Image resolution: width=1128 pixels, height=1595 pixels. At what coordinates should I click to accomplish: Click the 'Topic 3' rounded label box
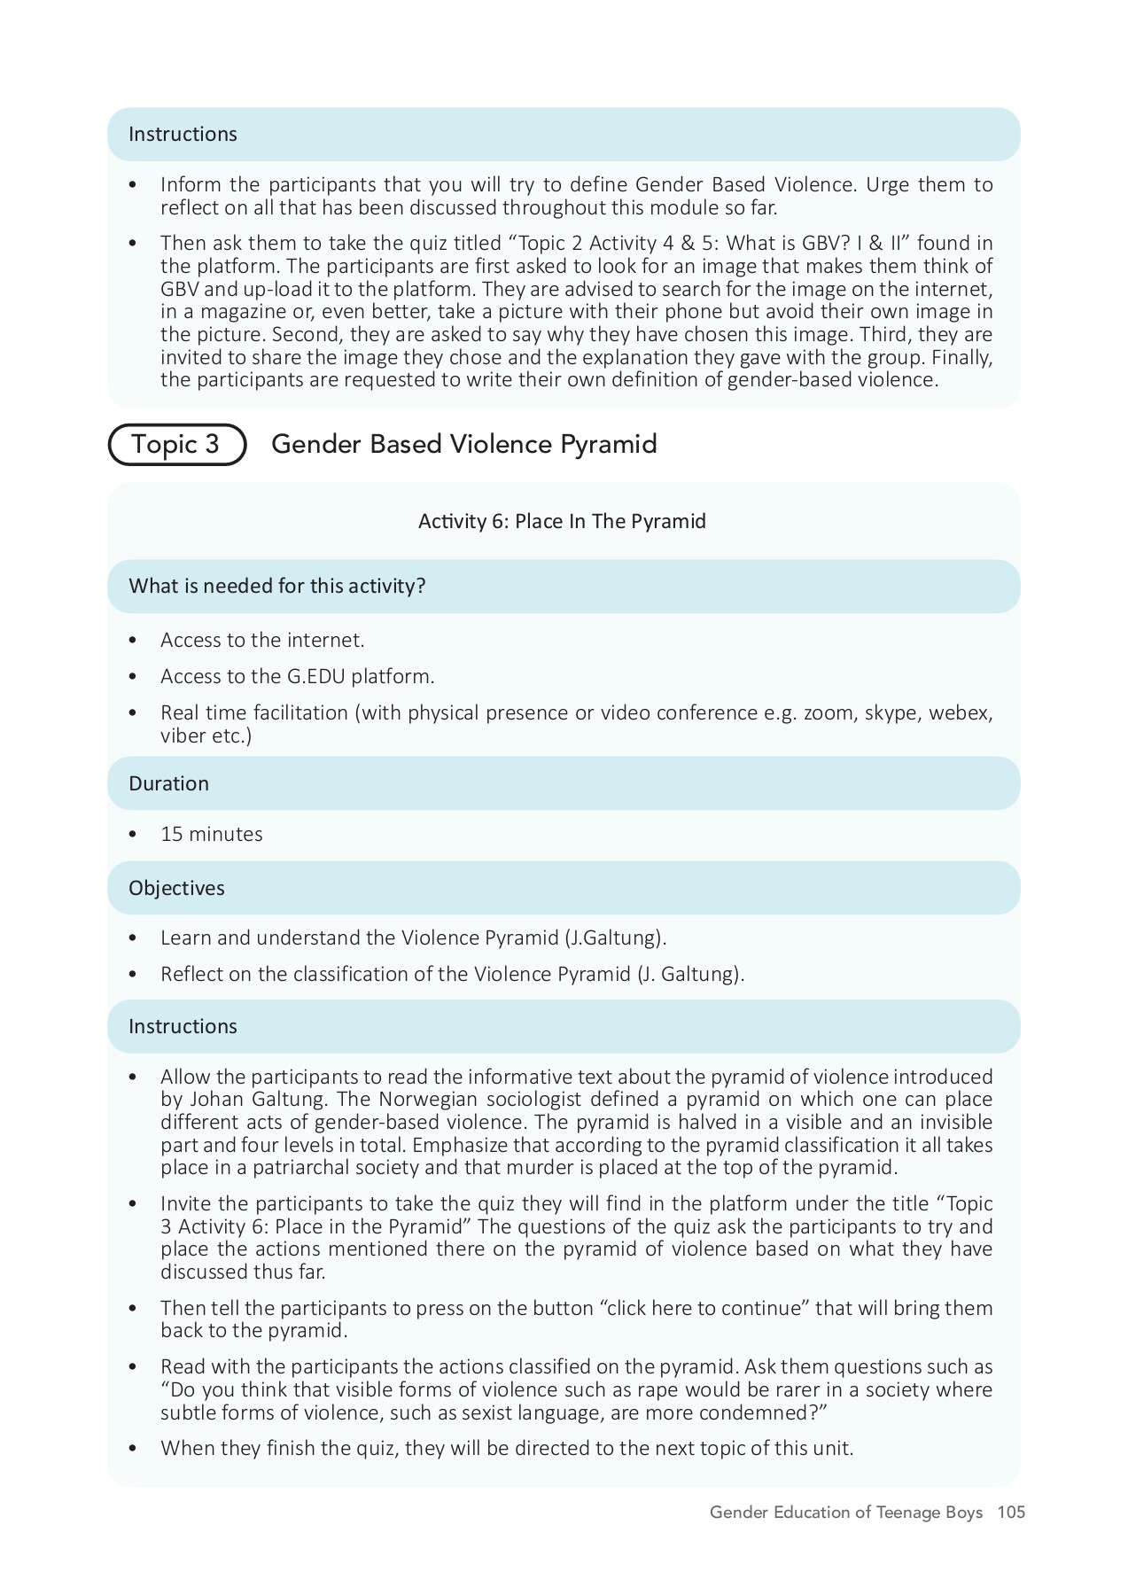pos(176,444)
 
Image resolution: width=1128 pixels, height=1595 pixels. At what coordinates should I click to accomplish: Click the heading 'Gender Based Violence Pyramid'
pos(463,444)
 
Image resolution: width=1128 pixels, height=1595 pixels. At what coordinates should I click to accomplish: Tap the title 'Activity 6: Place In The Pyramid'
pos(562,521)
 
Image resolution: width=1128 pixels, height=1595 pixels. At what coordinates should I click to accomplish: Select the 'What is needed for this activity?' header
pos(277,586)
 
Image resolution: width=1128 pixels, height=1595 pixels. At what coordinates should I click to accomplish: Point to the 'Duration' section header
pos(168,783)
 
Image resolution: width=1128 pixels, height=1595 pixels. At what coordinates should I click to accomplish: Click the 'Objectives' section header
pos(176,888)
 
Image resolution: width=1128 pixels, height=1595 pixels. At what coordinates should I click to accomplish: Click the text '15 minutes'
pos(211,834)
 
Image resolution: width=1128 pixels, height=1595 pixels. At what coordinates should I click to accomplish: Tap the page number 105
pos(1011,1513)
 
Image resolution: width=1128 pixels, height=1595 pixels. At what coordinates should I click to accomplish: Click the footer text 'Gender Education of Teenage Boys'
pos(845,1513)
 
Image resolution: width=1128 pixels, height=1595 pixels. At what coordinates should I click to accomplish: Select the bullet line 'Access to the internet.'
pos(262,640)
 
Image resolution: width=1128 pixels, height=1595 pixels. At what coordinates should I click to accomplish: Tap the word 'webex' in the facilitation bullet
pos(959,712)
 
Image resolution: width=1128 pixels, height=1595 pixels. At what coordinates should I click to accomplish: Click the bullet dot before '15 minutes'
pos(133,834)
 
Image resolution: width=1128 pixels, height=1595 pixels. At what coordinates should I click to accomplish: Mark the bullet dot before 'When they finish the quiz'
pos(133,1448)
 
